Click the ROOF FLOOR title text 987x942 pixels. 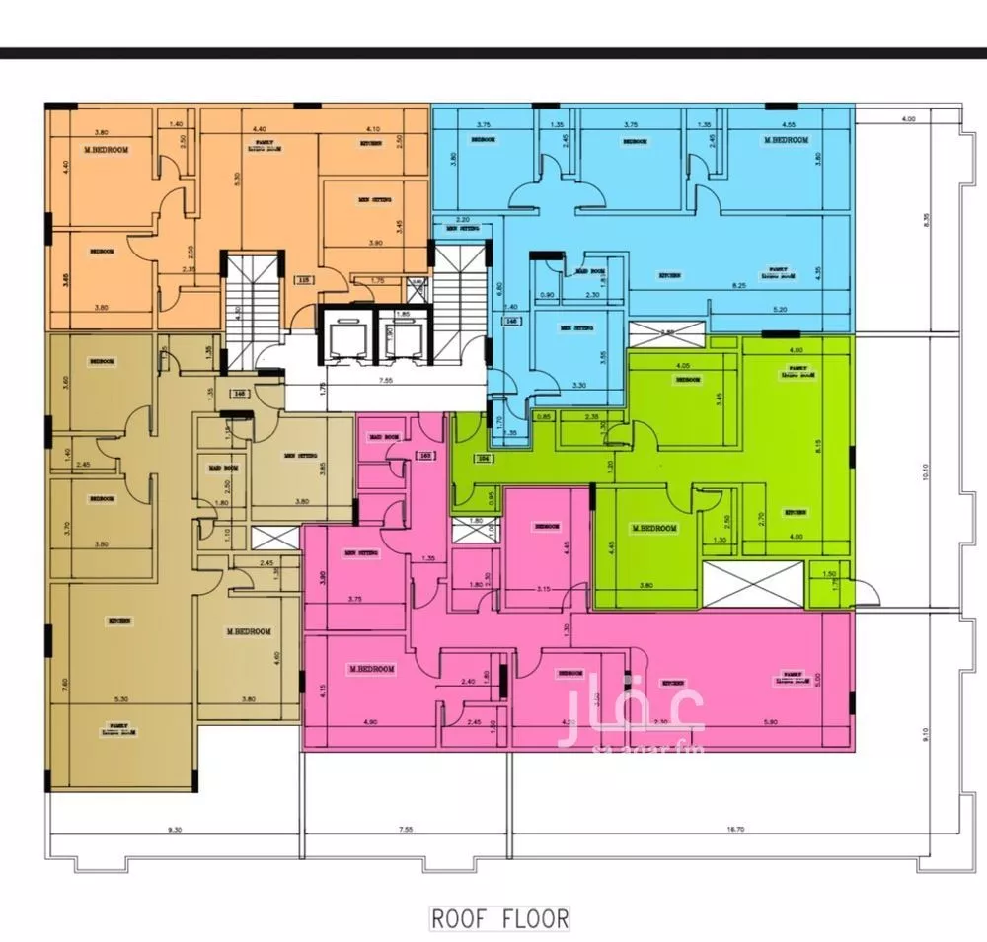(x=500, y=918)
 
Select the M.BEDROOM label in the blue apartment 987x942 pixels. (x=786, y=140)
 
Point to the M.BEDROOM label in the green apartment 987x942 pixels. (x=653, y=529)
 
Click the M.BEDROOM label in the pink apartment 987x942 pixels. (x=371, y=669)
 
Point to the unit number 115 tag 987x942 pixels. (x=304, y=280)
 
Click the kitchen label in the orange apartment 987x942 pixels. (x=371, y=144)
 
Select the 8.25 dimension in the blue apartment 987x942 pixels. (x=737, y=284)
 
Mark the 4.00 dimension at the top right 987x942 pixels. (x=908, y=119)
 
